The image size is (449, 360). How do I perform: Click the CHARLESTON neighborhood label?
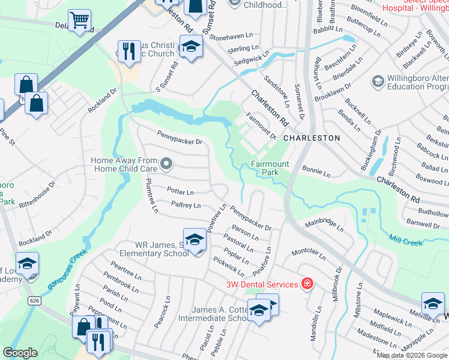[x=311, y=138]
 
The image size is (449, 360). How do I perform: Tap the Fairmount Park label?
[x=270, y=168]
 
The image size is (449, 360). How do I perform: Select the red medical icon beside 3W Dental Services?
[x=307, y=284]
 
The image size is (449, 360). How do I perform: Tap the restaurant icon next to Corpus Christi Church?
[x=127, y=52]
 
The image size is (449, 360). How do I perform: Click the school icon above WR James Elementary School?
[x=194, y=240]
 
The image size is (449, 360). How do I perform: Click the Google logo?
[x=20, y=353]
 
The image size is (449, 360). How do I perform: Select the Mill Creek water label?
[x=405, y=240]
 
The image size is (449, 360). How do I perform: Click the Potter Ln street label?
[x=180, y=192]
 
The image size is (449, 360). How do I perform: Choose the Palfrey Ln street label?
[x=185, y=205]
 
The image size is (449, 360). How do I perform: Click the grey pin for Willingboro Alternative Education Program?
[x=378, y=81]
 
